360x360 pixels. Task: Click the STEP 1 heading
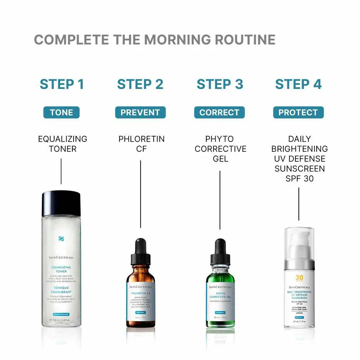point(62,84)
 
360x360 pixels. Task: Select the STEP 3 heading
point(219,84)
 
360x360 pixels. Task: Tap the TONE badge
point(61,113)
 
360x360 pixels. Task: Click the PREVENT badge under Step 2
point(140,113)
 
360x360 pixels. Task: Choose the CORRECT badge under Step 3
point(219,113)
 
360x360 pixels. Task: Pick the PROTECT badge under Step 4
point(298,113)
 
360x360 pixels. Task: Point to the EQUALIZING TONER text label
point(62,144)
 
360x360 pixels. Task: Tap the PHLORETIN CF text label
point(141,144)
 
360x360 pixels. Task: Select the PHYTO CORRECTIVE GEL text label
point(220,149)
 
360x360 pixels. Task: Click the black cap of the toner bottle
point(61,203)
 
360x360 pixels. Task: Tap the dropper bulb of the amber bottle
point(141,248)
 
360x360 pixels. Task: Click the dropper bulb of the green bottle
point(220,248)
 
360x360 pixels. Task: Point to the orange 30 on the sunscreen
point(299,278)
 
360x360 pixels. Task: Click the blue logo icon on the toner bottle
point(61,238)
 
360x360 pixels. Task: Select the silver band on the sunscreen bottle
point(299,265)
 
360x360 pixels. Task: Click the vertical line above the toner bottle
point(61,171)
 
